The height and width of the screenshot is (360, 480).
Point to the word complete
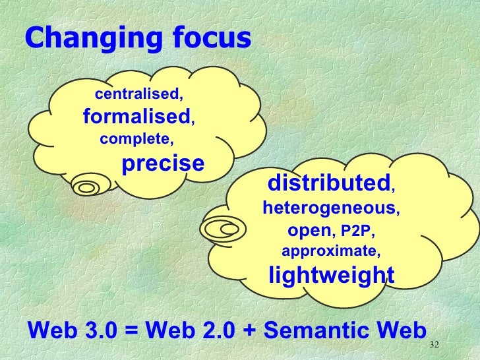coord(136,139)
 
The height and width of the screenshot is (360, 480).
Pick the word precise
coord(164,162)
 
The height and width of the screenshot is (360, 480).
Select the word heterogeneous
coord(330,208)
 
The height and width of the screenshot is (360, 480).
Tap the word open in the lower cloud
coord(309,230)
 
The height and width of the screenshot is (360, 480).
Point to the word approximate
coord(330,251)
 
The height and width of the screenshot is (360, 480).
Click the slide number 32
coord(433,345)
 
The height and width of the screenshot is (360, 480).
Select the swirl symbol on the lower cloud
coord(222,229)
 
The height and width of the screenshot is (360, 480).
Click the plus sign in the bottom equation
coord(249,330)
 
